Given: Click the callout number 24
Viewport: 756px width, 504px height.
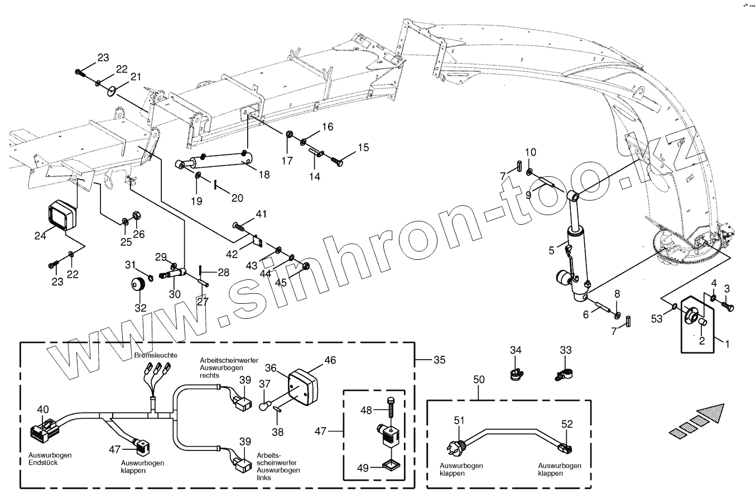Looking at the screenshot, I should click(x=40, y=235).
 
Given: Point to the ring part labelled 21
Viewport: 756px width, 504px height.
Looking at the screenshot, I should click(x=112, y=90).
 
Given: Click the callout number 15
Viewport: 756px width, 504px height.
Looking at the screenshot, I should click(x=363, y=148).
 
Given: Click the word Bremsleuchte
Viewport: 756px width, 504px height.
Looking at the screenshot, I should click(x=156, y=355).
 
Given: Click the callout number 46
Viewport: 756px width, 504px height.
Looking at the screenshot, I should click(x=330, y=360).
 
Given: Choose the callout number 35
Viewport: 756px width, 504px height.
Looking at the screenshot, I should click(x=440, y=360).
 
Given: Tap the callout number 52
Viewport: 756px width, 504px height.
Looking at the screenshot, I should click(x=567, y=424).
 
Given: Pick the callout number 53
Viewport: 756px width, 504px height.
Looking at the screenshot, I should click(x=657, y=318).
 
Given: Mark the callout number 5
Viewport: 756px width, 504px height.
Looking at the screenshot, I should click(x=551, y=250).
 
